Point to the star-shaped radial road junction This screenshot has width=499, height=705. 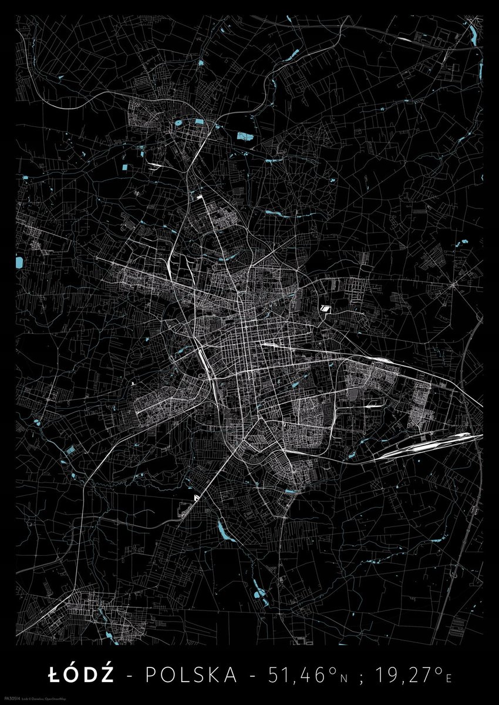pos(453,285)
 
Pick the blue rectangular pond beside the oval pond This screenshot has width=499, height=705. pos(200,122)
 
